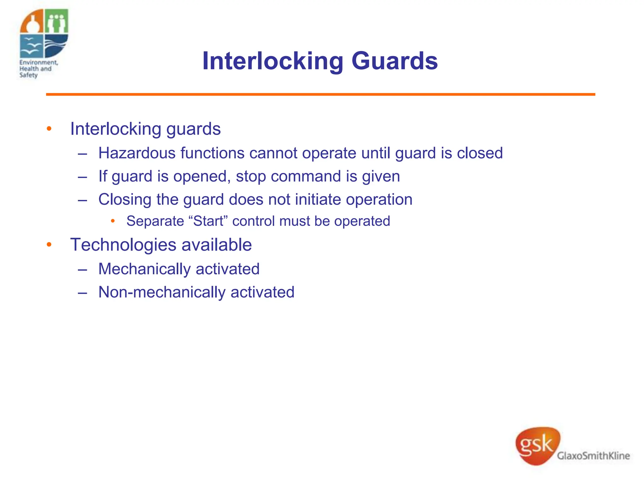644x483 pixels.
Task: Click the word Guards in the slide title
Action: pyautogui.click(x=394, y=61)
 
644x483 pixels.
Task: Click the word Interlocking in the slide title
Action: pyautogui.click(x=273, y=61)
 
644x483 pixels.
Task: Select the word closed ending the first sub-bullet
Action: pyautogui.click(x=480, y=153)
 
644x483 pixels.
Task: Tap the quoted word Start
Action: pyautogui.click(x=208, y=221)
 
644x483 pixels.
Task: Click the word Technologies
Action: pyautogui.click(x=123, y=245)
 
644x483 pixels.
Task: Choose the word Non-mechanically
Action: pyautogui.click(x=162, y=292)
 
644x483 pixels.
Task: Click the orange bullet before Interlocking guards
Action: pyautogui.click(x=49, y=129)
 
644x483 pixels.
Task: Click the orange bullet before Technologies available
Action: pyautogui.click(x=49, y=245)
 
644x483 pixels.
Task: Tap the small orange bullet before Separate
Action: pyautogui.click(x=113, y=221)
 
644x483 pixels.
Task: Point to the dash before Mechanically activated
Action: pyautogui.click(x=82, y=270)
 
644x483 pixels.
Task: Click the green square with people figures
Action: pyautogui.click(x=57, y=21)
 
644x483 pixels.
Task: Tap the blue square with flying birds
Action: pyautogui.click(x=31, y=46)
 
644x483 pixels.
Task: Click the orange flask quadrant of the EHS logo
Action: pyautogui.click(x=32, y=21)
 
